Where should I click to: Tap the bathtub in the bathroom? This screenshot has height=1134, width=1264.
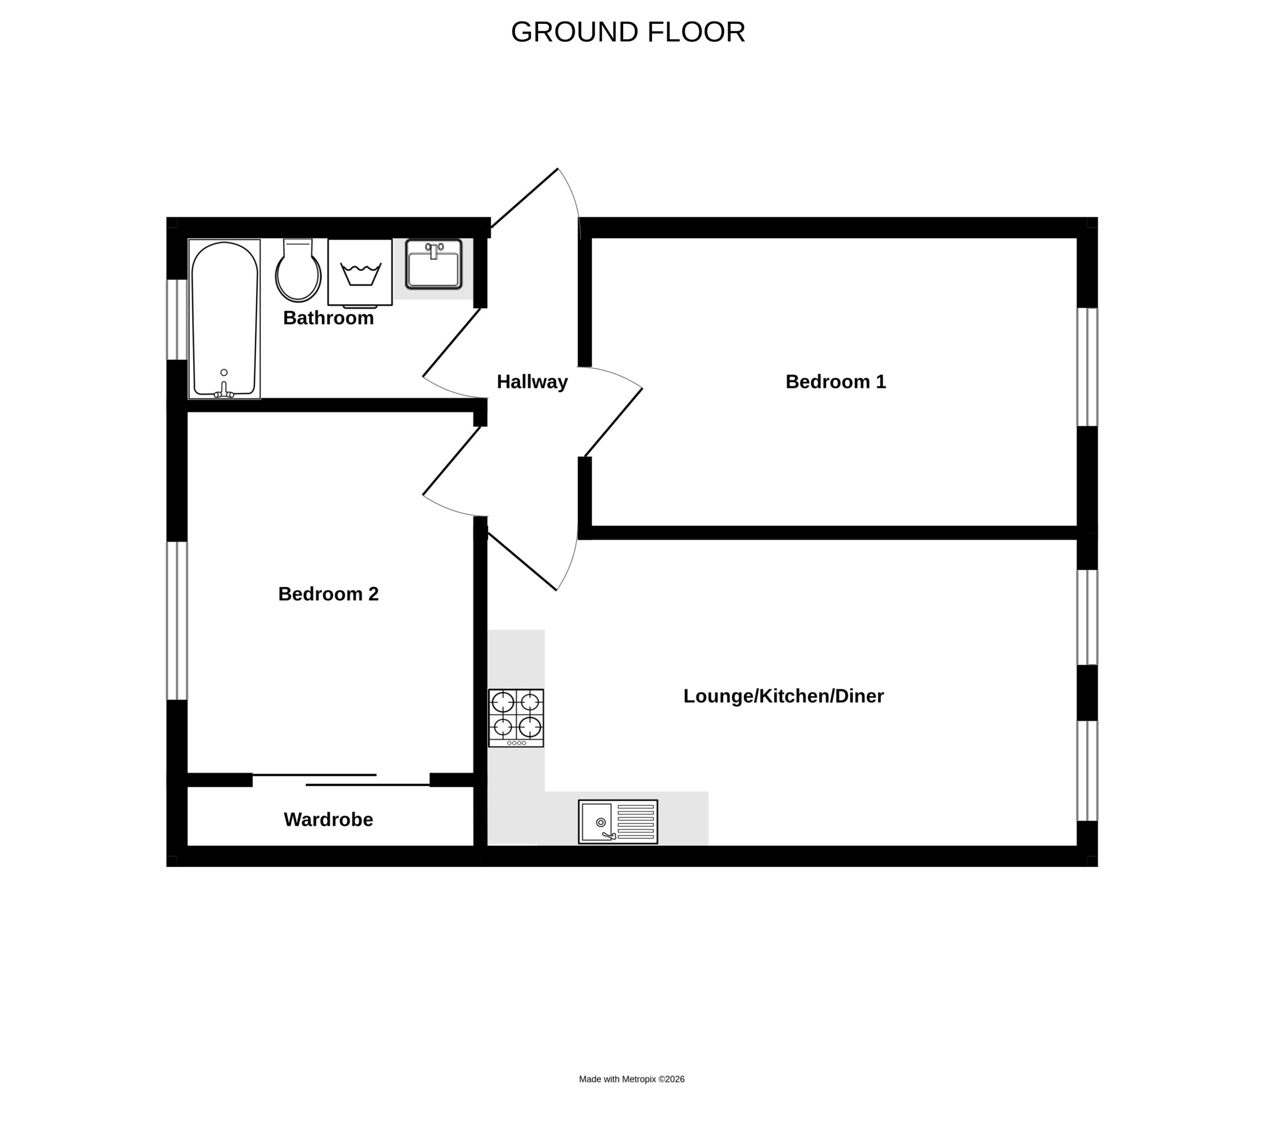[x=224, y=319]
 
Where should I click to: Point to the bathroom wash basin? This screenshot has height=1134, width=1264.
[x=434, y=265]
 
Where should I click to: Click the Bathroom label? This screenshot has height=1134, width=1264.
[x=328, y=318]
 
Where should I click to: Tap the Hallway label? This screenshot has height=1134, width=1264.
[x=532, y=381]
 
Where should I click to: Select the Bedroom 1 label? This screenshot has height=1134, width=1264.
[x=835, y=381]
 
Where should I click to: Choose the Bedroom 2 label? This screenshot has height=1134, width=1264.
[x=328, y=594]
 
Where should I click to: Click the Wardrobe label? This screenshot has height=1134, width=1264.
[x=328, y=819]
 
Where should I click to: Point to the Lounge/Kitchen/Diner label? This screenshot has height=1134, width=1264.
[x=783, y=696]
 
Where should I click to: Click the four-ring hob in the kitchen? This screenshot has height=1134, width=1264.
[x=516, y=718]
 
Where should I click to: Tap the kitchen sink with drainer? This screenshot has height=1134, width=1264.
[x=618, y=822]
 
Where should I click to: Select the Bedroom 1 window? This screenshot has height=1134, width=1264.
[x=1087, y=367]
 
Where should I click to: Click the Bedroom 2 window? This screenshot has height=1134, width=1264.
[x=177, y=620]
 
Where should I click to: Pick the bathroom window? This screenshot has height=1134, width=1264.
[x=177, y=320]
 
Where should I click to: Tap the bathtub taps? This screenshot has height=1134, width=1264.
[x=224, y=391]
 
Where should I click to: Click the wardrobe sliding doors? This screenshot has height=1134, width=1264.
[x=341, y=780]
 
